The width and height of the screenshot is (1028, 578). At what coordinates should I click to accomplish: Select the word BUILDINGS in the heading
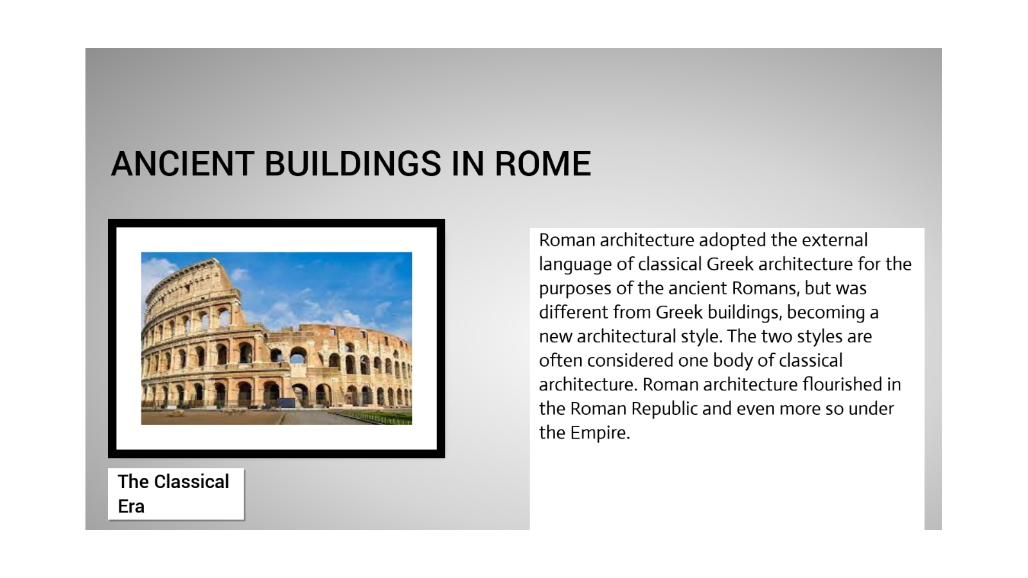point(353,164)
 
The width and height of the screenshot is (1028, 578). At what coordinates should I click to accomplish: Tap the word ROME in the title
point(542,164)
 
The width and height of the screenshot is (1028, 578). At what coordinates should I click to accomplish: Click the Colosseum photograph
point(276,338)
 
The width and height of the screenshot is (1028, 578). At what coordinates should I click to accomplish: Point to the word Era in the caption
point(131,506)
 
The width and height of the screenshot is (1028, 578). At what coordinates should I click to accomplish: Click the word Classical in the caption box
point(191,482)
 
